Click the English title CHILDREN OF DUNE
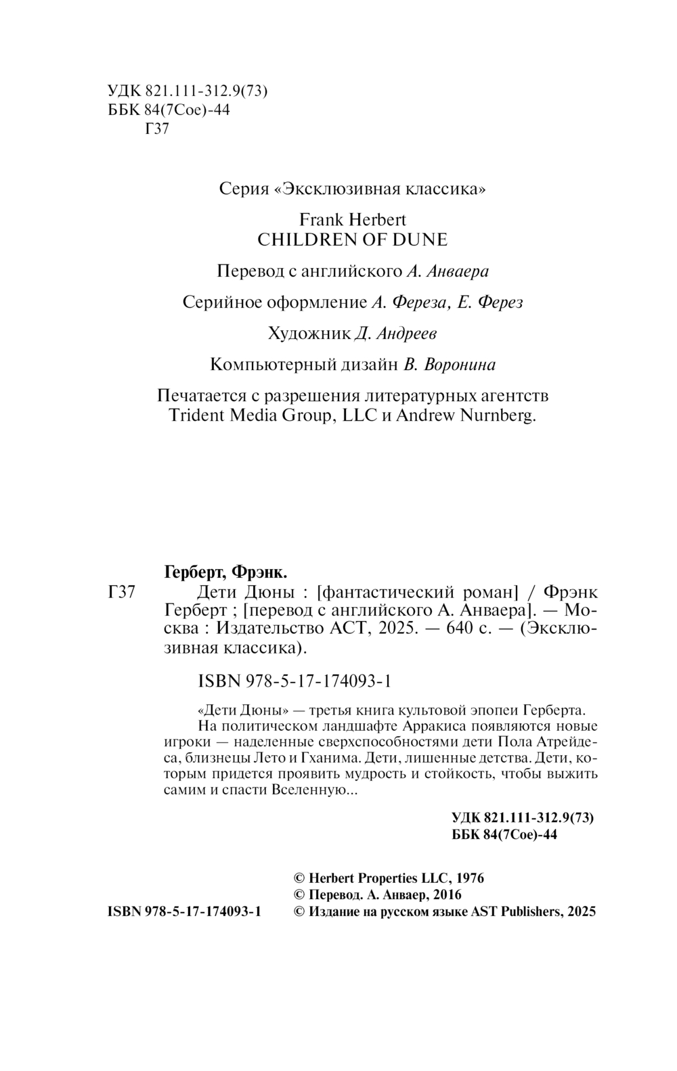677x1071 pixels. click(x=353, y=239)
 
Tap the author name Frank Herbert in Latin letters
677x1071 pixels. click(x=352, y=220)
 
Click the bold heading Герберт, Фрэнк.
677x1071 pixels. click(x=225, y=572)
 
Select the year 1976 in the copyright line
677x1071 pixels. click(x=470, y=878)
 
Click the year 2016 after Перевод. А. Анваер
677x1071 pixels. click(x=446, y=894)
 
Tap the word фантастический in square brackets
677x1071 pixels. click(x=384, y=593)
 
